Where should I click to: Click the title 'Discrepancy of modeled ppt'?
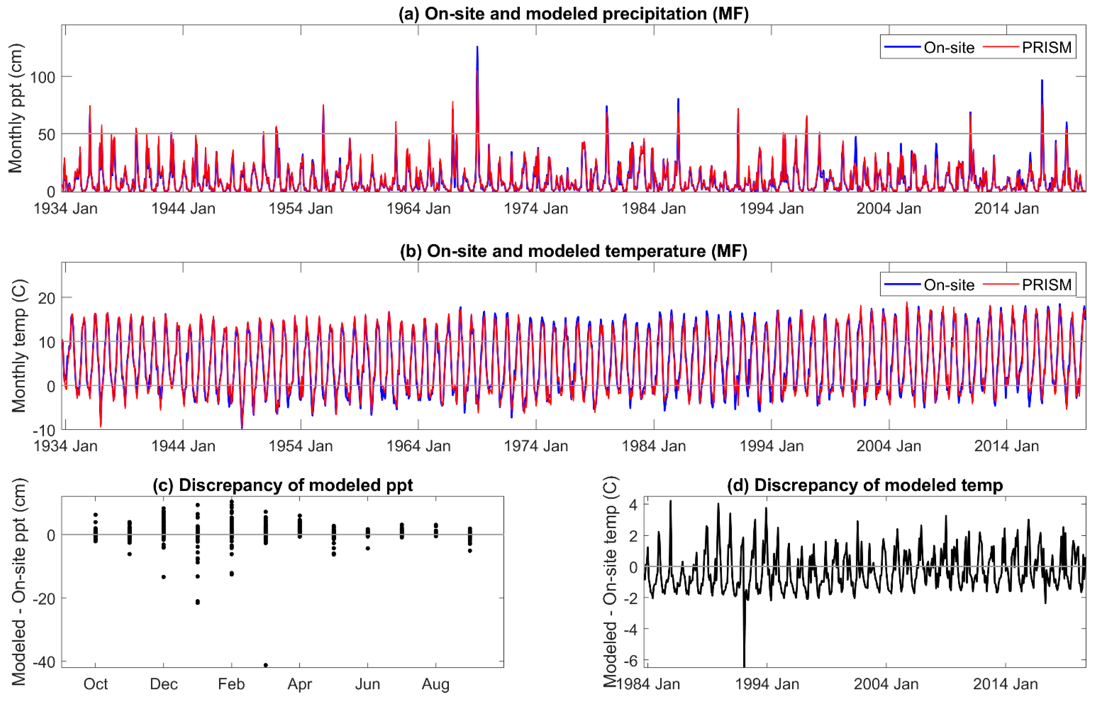pos(282,485)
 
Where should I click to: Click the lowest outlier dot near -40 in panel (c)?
pos(266,665)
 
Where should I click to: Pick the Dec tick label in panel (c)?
pos(164,684)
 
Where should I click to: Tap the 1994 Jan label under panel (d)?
pos(767,684)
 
